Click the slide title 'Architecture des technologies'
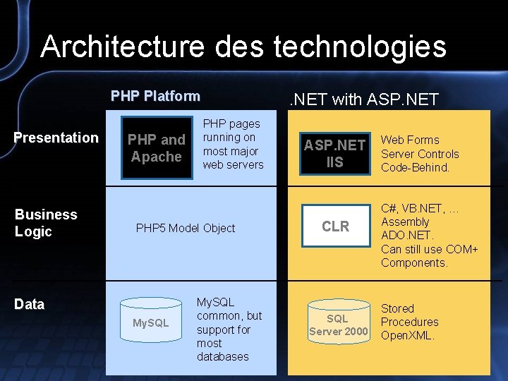[x=243, y=47]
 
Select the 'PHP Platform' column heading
[x=155, y=96]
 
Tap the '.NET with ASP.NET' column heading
[x=365, y=99]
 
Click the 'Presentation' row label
[x=56, y=138]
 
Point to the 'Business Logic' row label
[x=46, y=223]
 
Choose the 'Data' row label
[x=30, y=304]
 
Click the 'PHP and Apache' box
[x=156, y=148]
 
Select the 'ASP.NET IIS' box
[x=334, y=153]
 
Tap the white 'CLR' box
[x=335, y=226]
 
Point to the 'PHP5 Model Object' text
[x=185, y=228]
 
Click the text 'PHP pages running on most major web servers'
[x=233, y=144]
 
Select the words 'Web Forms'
[x=410, y=140]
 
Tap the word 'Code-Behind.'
[x=415, y=167]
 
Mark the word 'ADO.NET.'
[x=407, y=235]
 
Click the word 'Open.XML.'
[x=408, y=335]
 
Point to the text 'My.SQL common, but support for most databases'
[x=229, y=329]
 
